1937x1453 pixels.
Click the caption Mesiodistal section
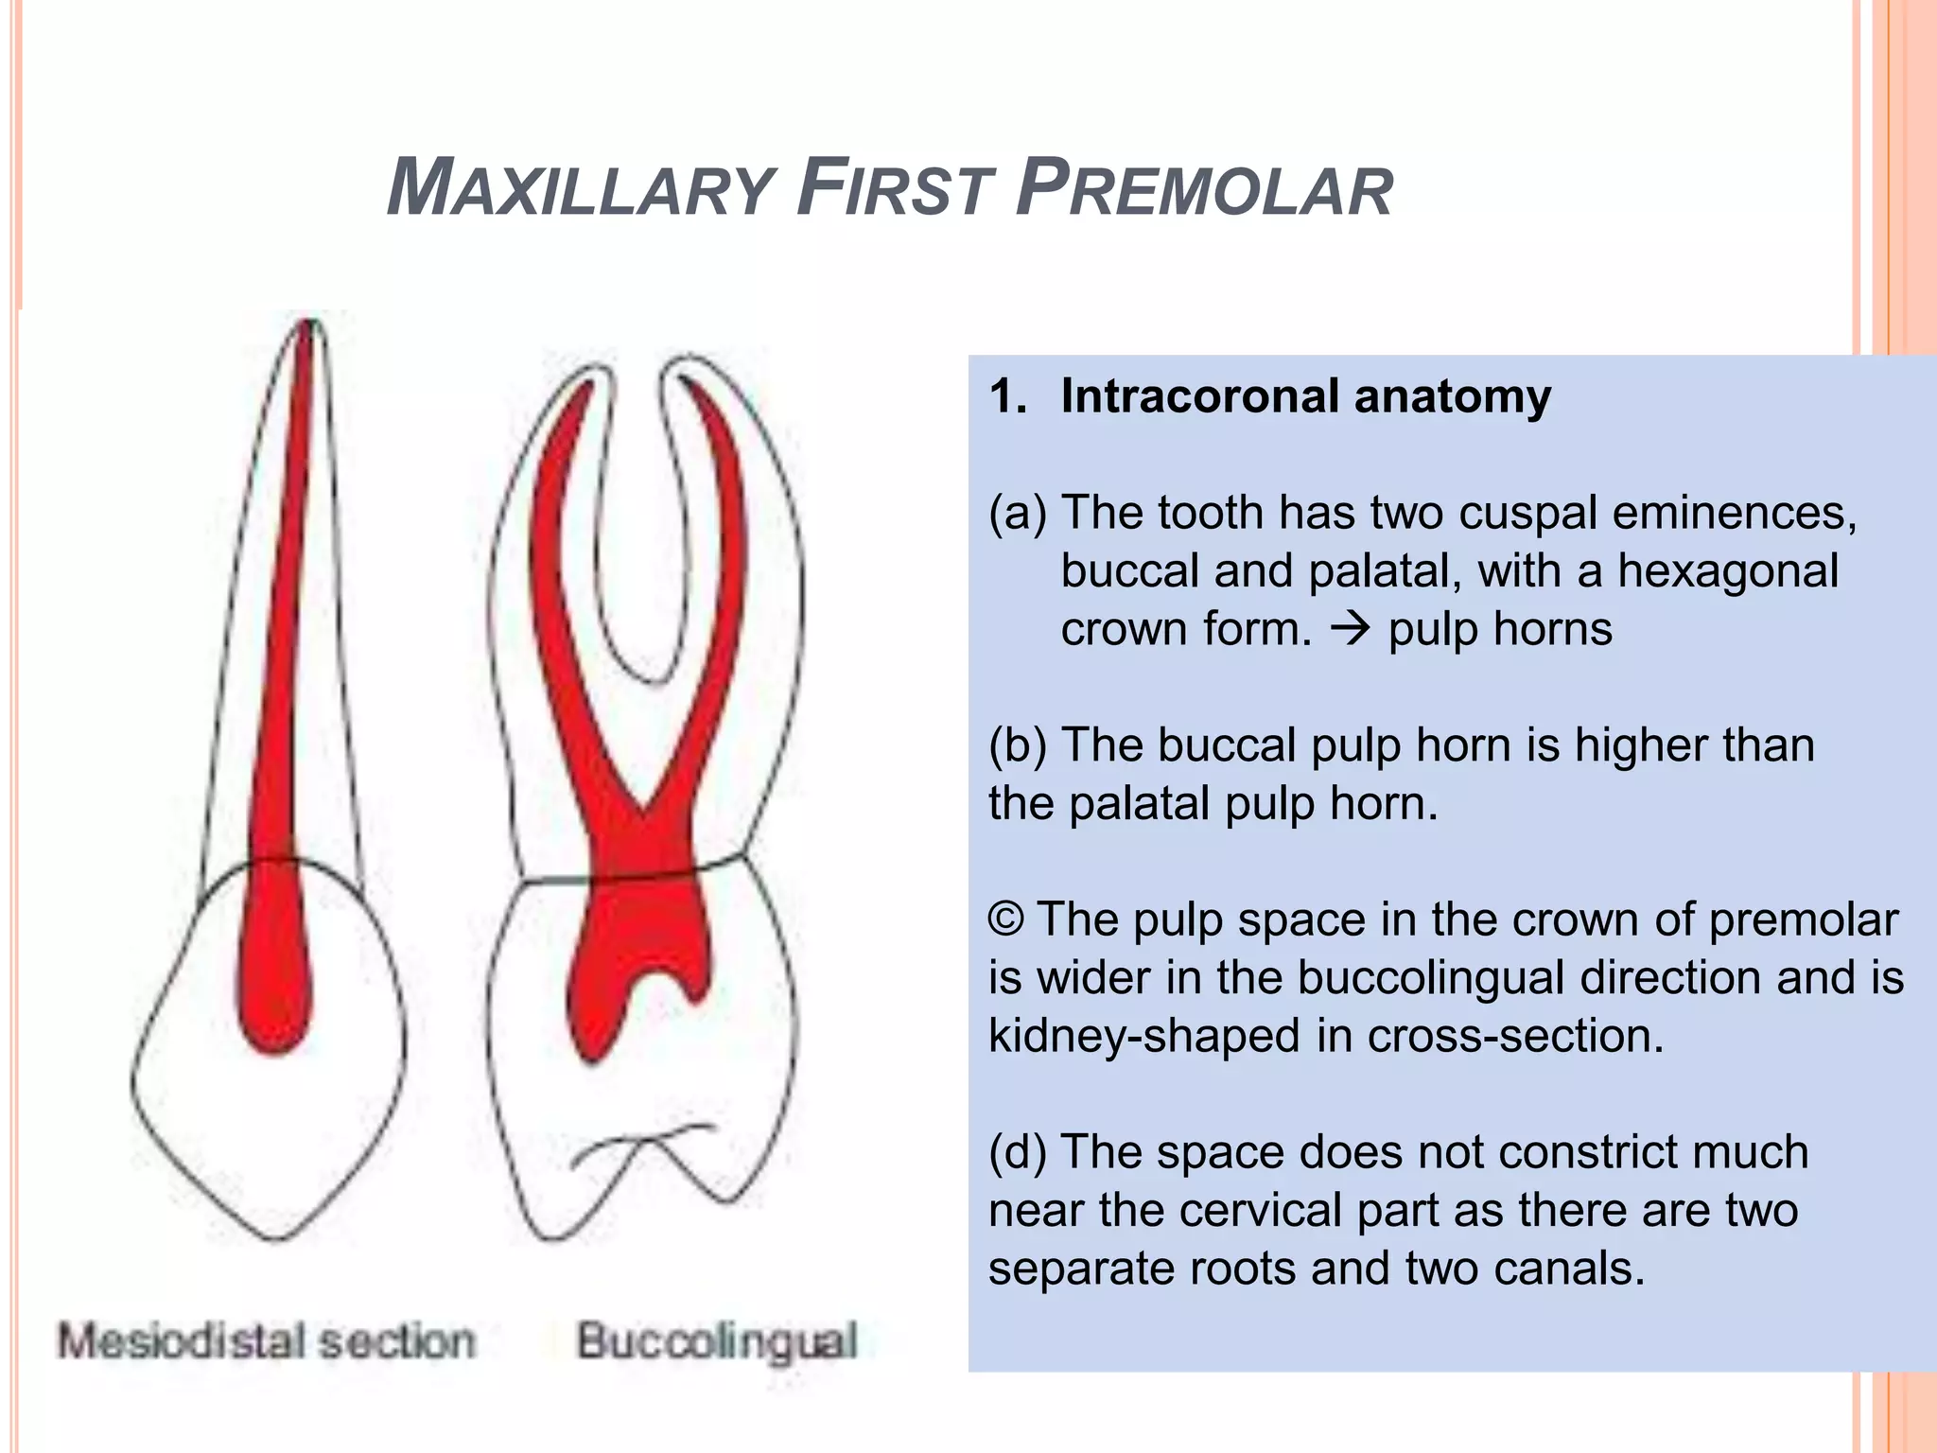[x=267, y=1341]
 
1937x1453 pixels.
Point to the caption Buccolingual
[x=718, y=1341]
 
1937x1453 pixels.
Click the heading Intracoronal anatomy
[x=1305, y=395]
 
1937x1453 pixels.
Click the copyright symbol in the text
[x=1006, y=919]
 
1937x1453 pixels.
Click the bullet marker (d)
[x=1017, y=1152]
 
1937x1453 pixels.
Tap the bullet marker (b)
[x=1017, y=745]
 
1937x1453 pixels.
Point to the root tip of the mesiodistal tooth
[x=307, y=326]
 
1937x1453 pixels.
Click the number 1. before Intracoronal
[x=1007, y=395]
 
